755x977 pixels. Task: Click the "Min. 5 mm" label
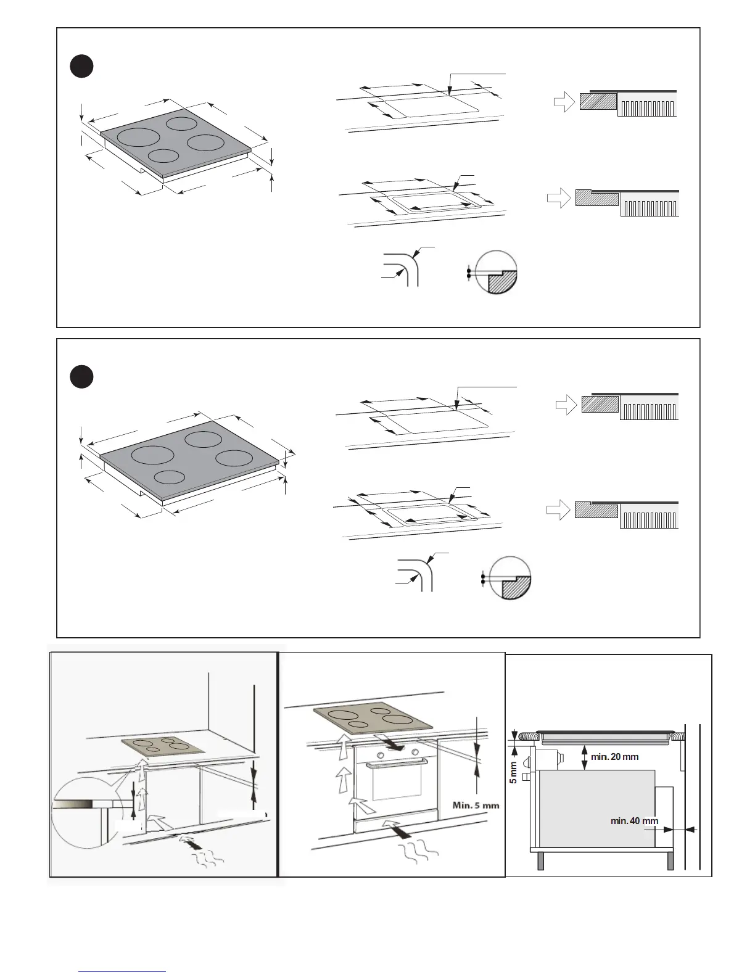click(x=476, y=805)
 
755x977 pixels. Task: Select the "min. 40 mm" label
click(x=634, y=821)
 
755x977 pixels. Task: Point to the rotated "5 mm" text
click(x=513, y=772)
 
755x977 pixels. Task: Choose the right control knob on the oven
click(x=415, y=752)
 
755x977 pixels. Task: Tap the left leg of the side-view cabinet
click(x=541, y=861)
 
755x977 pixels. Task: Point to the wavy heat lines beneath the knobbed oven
click(x=421, y=854)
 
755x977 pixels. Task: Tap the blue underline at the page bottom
click(x=122, y=971)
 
